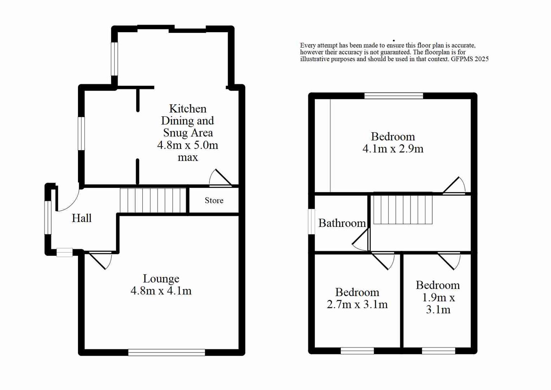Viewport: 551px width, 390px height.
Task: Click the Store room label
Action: pos(214,200)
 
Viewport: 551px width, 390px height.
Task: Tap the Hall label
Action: pos(82,218)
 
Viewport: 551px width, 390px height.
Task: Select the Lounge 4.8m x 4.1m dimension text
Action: pos(161,291)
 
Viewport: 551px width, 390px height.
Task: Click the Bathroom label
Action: pos(342,223)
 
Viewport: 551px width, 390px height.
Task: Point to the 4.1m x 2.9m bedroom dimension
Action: pos(393,149)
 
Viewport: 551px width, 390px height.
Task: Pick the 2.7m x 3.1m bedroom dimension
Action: pos(357,304)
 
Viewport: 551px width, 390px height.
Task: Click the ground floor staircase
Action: pos(153,200)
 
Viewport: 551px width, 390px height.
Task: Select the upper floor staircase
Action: pos(403,209)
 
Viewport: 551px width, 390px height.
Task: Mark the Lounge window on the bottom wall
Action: pos(166,352)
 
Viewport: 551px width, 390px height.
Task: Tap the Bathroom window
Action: pos(312,221)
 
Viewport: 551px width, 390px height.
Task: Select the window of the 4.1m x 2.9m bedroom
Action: pos(394,96)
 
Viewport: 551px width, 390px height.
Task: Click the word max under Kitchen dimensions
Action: pos(188,157)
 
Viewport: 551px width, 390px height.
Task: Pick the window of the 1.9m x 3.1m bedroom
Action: pos(438,350)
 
